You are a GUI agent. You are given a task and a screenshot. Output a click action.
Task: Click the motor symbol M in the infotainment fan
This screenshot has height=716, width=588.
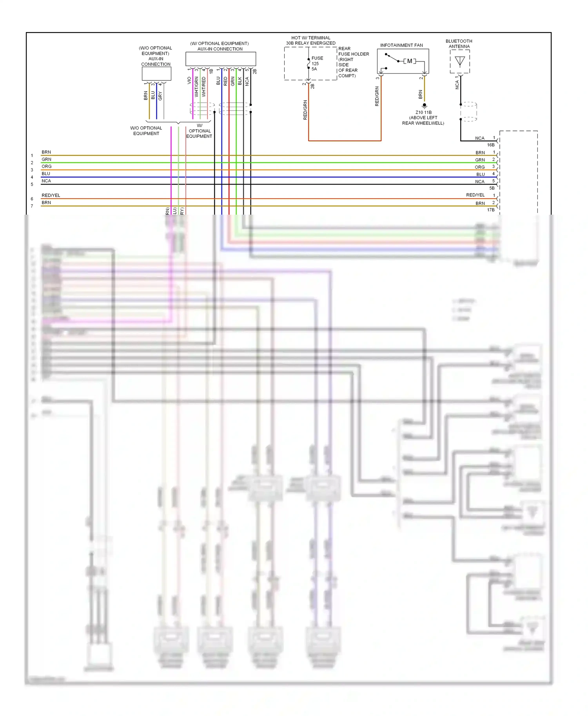coord(410,61)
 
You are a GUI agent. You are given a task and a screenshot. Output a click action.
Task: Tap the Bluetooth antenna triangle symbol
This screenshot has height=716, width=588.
coord(460,61)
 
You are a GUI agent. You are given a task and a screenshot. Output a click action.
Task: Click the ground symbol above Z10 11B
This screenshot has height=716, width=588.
coord(424,105)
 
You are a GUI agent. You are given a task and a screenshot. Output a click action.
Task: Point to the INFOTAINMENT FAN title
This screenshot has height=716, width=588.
coord(401,45)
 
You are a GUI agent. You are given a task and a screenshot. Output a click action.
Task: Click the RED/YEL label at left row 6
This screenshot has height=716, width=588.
coord(51,195)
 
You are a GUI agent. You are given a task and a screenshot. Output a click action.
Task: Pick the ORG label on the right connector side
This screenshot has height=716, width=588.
coord(479,167)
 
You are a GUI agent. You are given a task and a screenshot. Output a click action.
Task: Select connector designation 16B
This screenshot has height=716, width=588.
coord(491,145)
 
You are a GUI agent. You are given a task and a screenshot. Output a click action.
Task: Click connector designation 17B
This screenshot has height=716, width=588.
coord(491,210)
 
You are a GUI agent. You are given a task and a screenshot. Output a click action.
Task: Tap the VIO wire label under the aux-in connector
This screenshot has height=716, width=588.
coord(189,80)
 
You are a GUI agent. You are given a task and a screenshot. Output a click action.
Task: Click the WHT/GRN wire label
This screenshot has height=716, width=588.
coord(196,87)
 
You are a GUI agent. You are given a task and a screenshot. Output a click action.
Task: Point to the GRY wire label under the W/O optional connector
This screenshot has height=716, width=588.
coord(160,96)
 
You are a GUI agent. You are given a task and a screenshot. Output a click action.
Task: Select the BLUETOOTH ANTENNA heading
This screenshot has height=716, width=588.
coord(459,43)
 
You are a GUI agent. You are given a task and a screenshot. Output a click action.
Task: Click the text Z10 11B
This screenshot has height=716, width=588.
coord(423,112)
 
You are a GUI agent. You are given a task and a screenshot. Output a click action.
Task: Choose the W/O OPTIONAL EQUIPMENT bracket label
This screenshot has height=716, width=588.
coord(146,131)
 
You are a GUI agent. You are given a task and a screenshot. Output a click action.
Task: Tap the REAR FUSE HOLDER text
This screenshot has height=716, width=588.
coord(353,51)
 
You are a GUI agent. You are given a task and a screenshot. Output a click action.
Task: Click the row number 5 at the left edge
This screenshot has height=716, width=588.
coord(32,184)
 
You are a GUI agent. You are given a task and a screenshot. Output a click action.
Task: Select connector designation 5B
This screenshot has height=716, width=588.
coord(492,188)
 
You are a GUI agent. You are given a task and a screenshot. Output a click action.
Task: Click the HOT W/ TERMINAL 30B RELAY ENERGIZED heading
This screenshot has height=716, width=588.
coord(310,40)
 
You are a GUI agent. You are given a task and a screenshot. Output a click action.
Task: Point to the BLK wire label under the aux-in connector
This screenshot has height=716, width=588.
coord(240,81)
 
